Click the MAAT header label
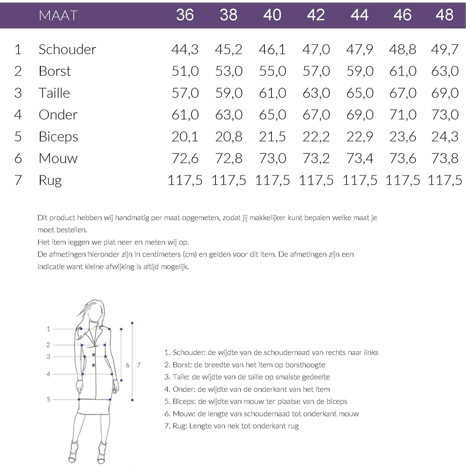(x=58, y=15)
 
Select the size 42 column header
(x=316, y=15)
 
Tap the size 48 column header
(x=444, y=15)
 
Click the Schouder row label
(x=67, y=49)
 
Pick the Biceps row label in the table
(x=58, y=137)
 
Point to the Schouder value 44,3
(x=185, y=50)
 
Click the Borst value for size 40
(x=273, y=71)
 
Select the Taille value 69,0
(x=445, y=93)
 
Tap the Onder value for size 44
(x=360, y=115)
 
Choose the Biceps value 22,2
(x=316, y=137)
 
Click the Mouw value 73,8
(x=445, y=158)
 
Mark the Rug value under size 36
(x=185, y=181)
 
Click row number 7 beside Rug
(x=18, y=180)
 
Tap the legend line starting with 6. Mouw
(x=261, y=413)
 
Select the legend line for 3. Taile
(x=247, y=377)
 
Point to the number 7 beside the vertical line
(x=139, y=365)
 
